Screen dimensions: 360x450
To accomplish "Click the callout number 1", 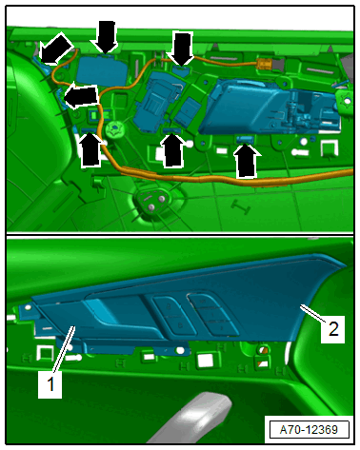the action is (x=50, y=384).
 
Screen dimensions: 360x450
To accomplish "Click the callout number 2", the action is (x=333, y=329).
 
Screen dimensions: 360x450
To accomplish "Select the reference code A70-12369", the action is (x=309, y=430).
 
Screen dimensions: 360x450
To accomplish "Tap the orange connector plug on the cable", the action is (x=264, y=64).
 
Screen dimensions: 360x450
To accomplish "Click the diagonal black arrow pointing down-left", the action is (x=55, y=49).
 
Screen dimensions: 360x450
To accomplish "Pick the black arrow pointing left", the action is (x=81, y=96).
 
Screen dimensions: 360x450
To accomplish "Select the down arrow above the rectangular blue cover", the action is (x=106, y=37).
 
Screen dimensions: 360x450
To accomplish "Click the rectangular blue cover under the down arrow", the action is (x=102, y=70).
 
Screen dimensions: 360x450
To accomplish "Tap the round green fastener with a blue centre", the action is (x=114, y=129).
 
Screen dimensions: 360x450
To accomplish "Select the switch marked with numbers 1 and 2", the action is (x=212, y=315).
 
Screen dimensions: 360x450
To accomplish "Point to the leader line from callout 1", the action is (x=64, y=351).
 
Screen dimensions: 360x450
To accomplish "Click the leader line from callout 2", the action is (x=313, y=314).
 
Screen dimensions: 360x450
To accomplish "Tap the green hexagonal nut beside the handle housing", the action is (x=347, y=100).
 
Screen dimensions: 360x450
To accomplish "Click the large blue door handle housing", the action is (x=270, y=108).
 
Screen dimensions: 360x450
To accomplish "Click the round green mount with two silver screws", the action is (x=154, y=202).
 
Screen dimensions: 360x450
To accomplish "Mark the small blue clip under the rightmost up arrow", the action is (x=245, y=139).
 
